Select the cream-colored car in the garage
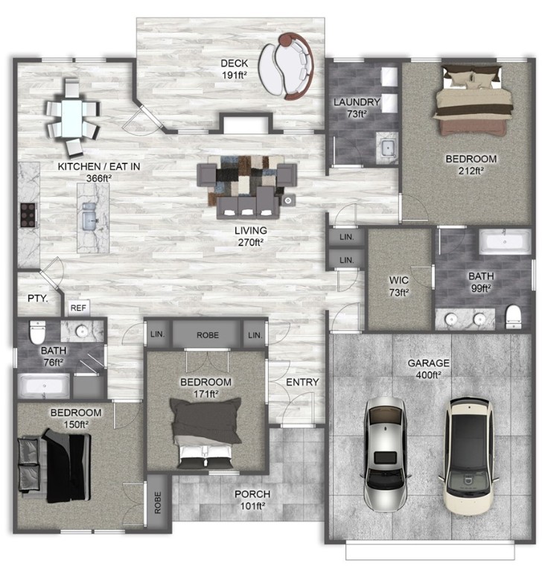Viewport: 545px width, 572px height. pos(468,457)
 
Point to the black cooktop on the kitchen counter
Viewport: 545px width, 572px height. pos(28,214)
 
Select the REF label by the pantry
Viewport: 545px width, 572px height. pos(77,307)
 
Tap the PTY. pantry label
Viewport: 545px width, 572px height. pos(37,298)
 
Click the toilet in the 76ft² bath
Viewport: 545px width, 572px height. pos(37,329)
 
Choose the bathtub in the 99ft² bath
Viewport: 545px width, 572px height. pos(505,241)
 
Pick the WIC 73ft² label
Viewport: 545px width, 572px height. pos(400,286)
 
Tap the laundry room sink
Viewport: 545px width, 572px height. pos(386,147)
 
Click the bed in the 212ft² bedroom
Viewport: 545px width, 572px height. pos(475,101)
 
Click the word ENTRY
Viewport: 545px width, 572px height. pos(302,383)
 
